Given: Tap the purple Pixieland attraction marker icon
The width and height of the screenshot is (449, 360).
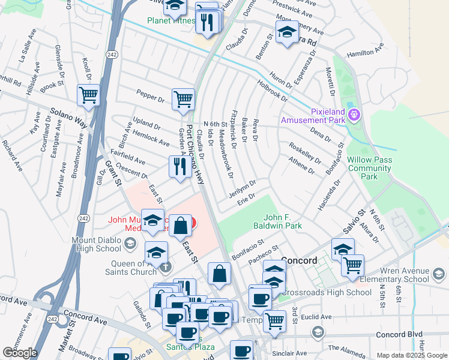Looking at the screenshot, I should pyautogui.click(x=355, y=113).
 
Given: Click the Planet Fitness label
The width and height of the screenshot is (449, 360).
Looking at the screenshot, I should pyautogui.click(x=171, y=21).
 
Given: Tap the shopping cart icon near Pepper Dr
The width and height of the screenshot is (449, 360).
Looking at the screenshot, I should pyautogui.click(x=183, y=99).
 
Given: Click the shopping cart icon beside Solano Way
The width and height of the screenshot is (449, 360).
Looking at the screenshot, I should pyautogui.click(x=88, y=95).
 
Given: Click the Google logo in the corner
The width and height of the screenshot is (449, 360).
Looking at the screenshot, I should pyautogui.click(x=20, y=353).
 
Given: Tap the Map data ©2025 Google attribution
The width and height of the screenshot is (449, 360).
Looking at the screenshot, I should pyautogui.click(x=411, y=355).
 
